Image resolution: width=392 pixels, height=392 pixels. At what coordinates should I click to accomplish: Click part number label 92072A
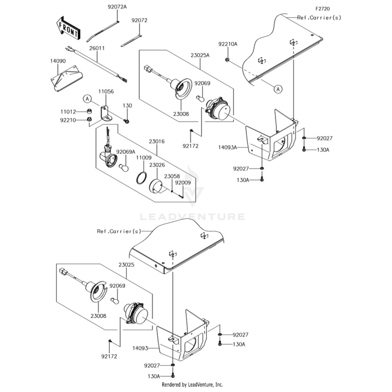(x=117, y=7)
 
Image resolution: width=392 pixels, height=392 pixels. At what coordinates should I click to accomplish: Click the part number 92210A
(x=227, y=44)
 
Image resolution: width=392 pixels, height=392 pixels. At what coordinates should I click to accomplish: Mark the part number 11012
(x=67, y=112)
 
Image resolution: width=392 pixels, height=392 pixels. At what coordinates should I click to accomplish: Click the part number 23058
(x=171, y=176)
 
